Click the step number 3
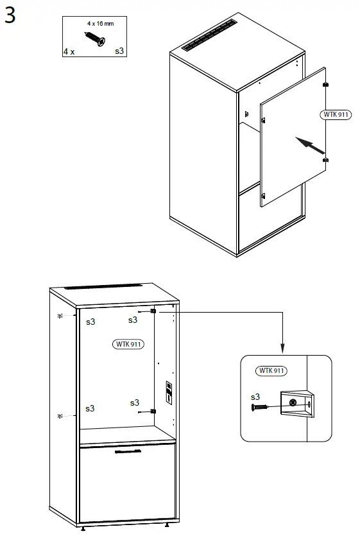coord(10,15)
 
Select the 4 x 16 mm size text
coord(101,23)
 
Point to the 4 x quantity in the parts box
coord(69,51)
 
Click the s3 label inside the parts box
coord(119,50)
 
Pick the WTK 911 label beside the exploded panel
coord(334,114)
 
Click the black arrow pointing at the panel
coord(309,145)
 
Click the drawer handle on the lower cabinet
coord(128,452)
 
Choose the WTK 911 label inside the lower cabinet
coord(128,344)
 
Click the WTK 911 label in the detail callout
coord(271,371)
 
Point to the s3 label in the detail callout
coord(255,397)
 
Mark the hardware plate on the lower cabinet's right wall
coord(169,392)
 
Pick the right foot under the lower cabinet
coord(167,526)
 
